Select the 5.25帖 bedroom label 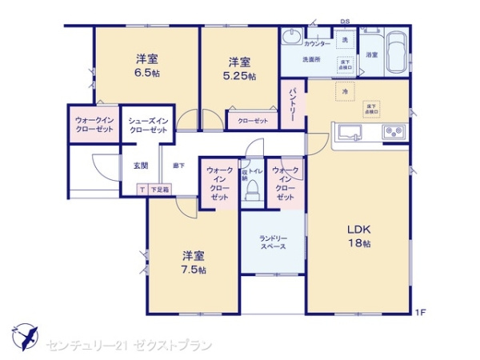click(x=241, y=69)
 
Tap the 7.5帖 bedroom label click(x=194, y=262)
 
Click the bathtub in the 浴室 click(x=395, y=52)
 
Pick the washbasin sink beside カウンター click(x=291, y=37)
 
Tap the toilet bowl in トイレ click(x=252, y=191)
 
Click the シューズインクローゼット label click(x=148, y=125)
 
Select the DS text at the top click(x=345, y=22)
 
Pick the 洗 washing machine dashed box click(x=344, y=40)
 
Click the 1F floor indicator click(x=418, y=311)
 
